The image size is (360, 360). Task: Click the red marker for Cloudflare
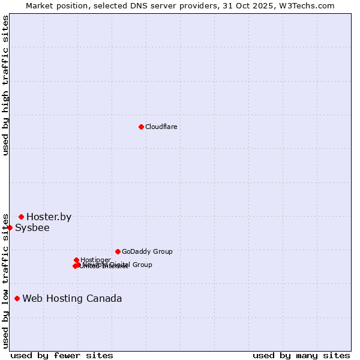pos(141,127)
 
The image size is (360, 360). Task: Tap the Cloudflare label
pos(161,127)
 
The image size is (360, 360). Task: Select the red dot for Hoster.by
pos(21,217)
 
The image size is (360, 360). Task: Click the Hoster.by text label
pos(49,217)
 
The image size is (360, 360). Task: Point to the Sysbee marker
pos(10,227)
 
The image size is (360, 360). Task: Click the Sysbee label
pos(32,228)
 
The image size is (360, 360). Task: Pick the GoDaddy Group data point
pos(118,251)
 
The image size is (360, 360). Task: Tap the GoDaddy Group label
pos(147,252)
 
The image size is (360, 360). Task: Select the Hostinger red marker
pos(76,260)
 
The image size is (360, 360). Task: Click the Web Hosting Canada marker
pos(17,298)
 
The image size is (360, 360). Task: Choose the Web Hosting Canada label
pos(72,299)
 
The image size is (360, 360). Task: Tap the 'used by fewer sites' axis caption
pos(62,355)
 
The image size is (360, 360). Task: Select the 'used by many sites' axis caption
pos(301,355)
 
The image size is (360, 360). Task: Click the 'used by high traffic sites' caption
pos(6,86)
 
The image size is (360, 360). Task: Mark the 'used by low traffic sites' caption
pos(6,281)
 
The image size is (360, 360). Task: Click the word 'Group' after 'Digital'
pos(142,265)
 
